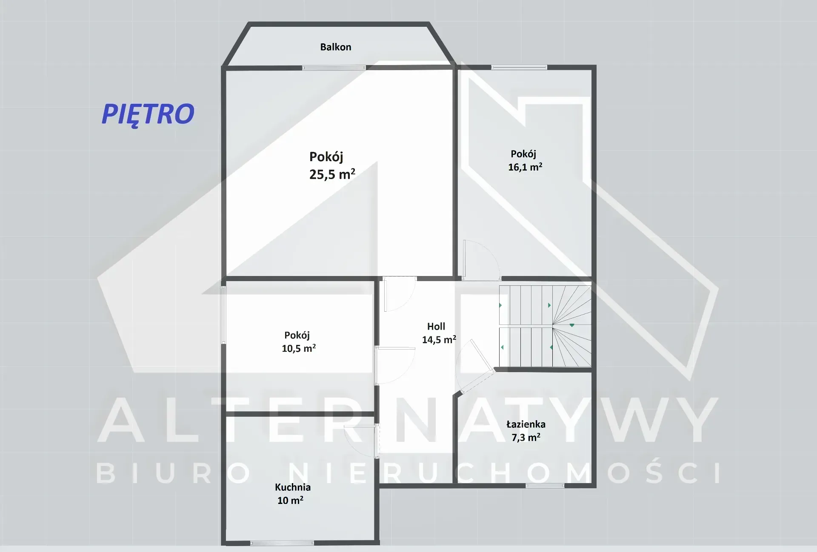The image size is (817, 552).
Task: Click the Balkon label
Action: pyautogui.click(x=336, y=47)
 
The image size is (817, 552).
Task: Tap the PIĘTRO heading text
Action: pyautogui.click(x=148, y=114)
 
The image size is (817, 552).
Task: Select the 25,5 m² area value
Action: pyautogui.click(x=332, y=174)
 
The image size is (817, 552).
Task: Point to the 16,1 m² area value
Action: pyautogui.click(x=525, y=167)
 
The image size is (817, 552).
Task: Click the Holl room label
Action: pyautogui.click(x=436, y=326)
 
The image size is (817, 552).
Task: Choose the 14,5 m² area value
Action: pyautogui.click(x=439, y=339)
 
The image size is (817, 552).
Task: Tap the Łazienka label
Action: pyautogui.click(x=526, y=424)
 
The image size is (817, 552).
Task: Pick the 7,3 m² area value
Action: pyautogui.click(x=526, y=437)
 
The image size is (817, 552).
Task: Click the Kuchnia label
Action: pyautogui.click(x=293, y=487)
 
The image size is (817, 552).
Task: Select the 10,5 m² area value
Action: pyautogui.click(x=299, y=348)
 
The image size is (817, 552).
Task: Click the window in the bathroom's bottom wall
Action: pyautogui.click(x=545, y=486)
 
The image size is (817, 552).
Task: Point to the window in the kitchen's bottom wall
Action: pyautogui.click(x=282, y=543)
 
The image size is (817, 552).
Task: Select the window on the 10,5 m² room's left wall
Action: pyautogui.click(x=223, y=315)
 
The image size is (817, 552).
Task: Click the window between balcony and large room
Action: pyautogui.click(x=334, y=68)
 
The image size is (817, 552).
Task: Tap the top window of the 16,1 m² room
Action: pyautogui.click(x=519, y=67)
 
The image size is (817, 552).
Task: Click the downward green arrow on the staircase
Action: pyautogui.click(x=572, y=325)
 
